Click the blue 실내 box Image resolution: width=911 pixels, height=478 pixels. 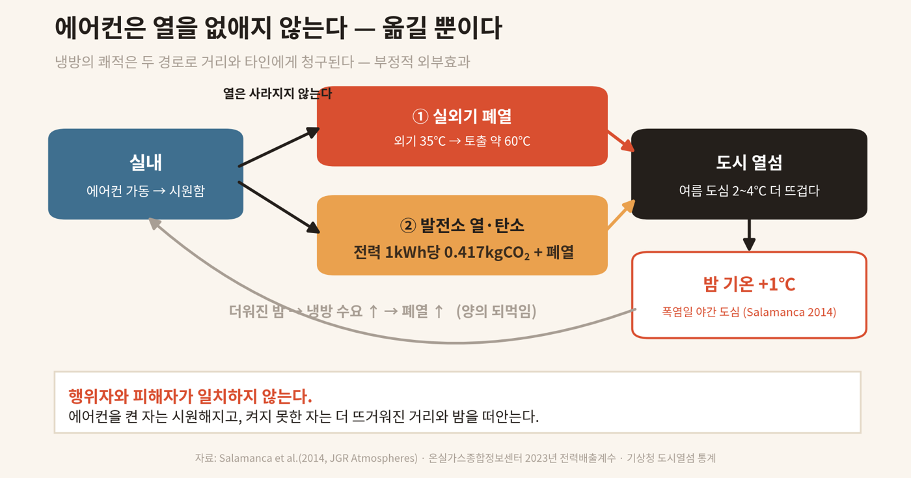point(146,175)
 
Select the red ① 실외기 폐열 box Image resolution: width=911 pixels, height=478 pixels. point(462,126)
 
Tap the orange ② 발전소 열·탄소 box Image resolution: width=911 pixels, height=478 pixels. point(462,235)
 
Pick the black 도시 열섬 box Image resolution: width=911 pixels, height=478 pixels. point(749,175)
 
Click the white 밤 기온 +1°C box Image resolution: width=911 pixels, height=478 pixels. point(749,295)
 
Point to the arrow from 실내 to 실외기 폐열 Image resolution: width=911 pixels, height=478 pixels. point(279,147)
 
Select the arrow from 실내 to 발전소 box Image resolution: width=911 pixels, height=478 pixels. point(279,208)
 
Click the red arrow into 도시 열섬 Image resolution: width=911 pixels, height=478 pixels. point(621,141)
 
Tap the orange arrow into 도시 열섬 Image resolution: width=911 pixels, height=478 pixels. point(621,214)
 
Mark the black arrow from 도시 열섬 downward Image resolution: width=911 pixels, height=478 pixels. point(749,235)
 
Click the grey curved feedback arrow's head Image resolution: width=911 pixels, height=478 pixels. point(154,223)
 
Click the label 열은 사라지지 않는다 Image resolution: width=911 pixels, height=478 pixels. point(277,94)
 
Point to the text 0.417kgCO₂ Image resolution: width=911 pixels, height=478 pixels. point(487,253)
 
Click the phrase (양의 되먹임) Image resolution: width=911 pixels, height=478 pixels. point(496,311)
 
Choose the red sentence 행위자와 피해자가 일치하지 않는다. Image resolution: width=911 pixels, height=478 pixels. point(190,396)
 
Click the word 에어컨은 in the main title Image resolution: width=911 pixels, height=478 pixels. point(100,28)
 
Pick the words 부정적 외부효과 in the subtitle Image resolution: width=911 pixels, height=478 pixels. point(422,62)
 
